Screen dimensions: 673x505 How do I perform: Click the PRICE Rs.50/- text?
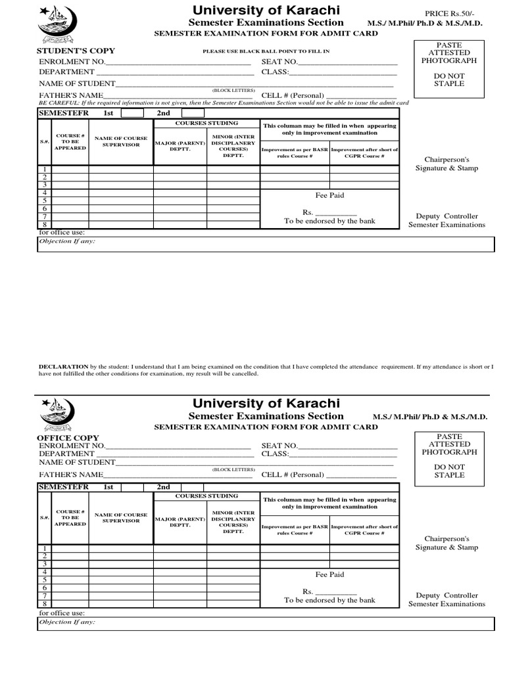[445, 12]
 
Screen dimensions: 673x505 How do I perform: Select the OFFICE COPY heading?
[68, 438]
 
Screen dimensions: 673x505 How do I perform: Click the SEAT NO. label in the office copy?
[279, 446]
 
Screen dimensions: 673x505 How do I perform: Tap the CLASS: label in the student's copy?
[275, 72]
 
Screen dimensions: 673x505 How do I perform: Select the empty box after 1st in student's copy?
[132, 113]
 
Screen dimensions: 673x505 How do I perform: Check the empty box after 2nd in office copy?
[192, 487]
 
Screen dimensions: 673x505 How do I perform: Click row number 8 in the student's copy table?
[44, 225]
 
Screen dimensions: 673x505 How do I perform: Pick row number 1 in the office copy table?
[44, 548]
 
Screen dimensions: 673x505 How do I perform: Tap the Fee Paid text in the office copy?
[329, 574]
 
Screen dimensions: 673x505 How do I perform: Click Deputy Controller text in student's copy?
[446, 216]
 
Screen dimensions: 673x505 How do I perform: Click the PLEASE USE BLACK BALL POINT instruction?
[256, 51]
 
